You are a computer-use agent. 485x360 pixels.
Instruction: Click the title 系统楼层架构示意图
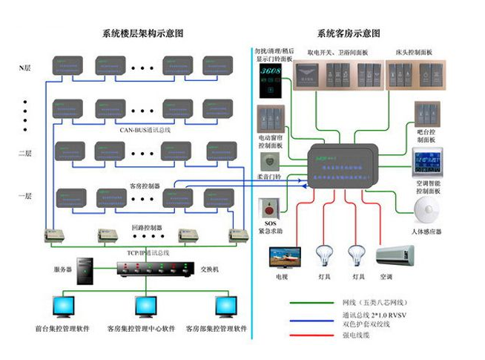(x=142, y=33)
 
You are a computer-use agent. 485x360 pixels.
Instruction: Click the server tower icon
(x=88, y=272)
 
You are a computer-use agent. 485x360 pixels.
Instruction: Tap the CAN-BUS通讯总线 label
(x=145, y=130)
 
